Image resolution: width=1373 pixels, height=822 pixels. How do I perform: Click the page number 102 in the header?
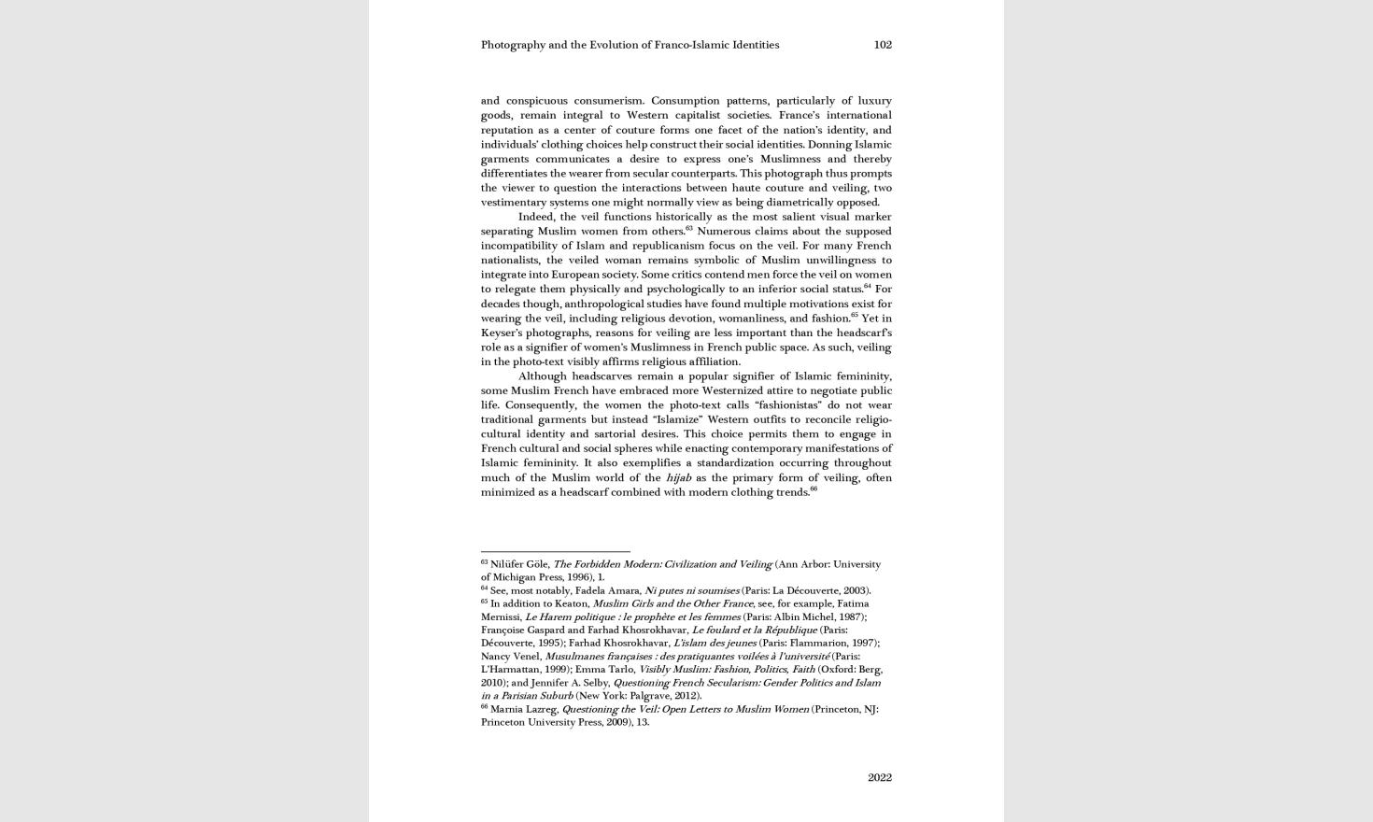883,45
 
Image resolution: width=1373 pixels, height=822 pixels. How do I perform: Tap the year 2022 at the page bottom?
879,777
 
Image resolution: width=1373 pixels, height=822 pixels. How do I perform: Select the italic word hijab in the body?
678,477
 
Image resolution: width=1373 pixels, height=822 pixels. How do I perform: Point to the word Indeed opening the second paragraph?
536,217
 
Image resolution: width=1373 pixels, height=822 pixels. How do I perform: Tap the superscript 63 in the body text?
689,228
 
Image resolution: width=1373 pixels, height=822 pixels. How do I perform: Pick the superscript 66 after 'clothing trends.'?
814,489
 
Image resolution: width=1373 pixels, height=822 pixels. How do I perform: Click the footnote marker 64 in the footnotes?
484,588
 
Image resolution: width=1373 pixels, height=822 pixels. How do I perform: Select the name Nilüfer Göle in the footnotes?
519,564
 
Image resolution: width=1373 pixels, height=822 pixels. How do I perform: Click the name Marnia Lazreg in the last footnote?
523,709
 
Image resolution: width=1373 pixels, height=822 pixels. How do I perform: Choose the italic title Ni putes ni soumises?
691,590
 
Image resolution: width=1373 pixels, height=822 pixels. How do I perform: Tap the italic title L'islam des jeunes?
715,643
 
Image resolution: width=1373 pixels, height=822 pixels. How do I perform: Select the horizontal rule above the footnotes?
555,551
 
